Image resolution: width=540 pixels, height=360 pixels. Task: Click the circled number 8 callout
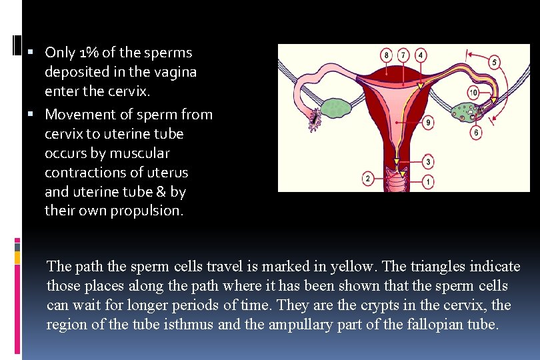[x=387, y=54]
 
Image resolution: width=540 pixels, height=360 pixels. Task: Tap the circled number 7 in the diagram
[x=403, y=54]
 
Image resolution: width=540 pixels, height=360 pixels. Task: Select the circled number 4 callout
[x=421, y=54]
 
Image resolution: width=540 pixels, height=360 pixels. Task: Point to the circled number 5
[x=494, y=62]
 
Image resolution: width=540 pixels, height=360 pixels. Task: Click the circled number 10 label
[x=473, y=93]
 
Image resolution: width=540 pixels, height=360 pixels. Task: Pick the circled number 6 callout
[x=475, y=133]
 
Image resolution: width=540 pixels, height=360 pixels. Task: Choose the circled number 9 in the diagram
[x=427, y=122]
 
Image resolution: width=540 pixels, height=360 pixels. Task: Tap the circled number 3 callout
[x=427, y=162]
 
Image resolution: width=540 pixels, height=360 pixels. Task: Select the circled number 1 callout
[x=427, y=181]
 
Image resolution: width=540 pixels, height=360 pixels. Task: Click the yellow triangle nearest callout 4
[x=420, y=83]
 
